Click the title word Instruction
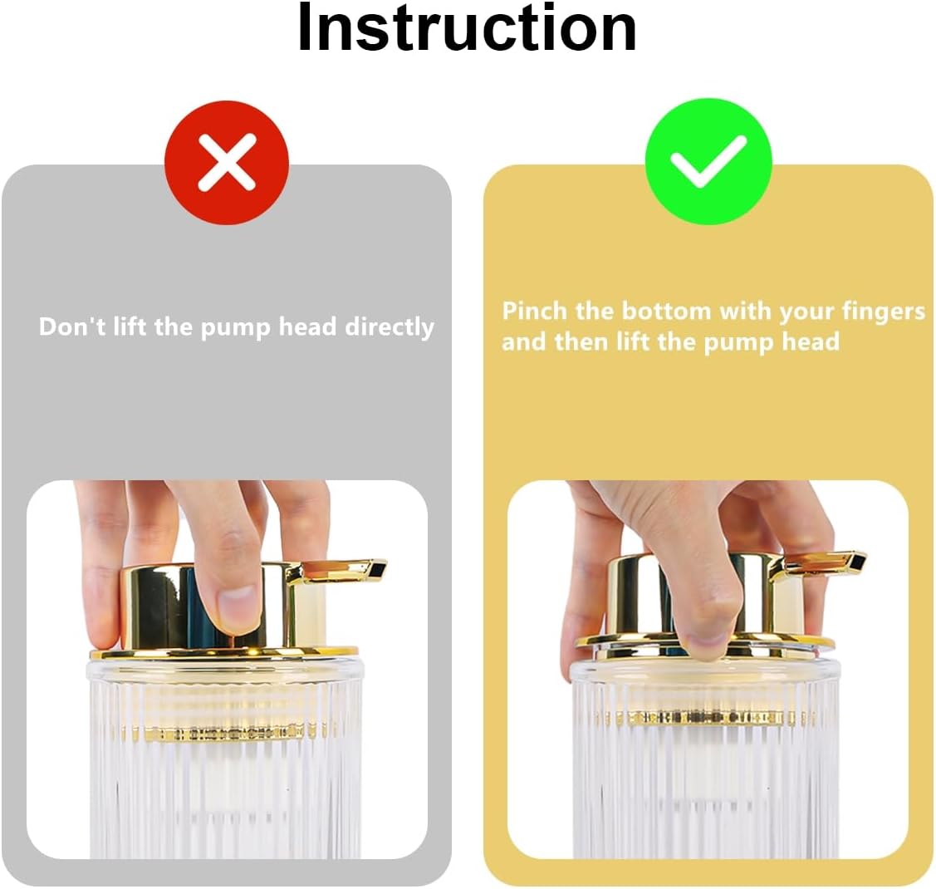[x=467, y=28]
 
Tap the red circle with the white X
[x=227, y=162]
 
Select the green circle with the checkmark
[x=708, y=160]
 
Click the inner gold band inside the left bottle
[x=224, y=733]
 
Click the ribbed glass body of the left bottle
[x=224, y=798]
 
